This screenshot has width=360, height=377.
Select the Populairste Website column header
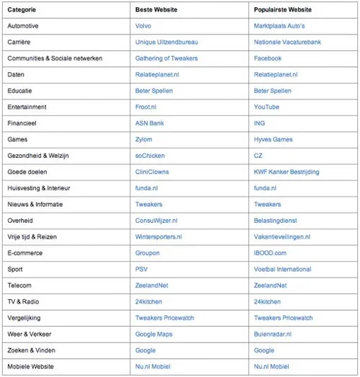[x=284, y=9]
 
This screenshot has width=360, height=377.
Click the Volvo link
[x=143, y=25]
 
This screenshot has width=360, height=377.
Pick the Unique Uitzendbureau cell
[x=166, y=42]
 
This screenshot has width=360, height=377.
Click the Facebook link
[x=268, y=58]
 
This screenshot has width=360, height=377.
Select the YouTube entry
[x=266, y=107]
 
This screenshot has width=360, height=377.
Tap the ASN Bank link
[x=150, y=123]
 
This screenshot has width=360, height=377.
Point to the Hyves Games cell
[x=274, y=139]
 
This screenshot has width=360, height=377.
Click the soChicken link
[x=150, y=156]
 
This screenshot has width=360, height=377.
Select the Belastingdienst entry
[x=276, y=221]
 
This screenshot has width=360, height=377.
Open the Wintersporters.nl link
[x=158, y=236]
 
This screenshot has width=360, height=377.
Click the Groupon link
[x=148, y=253]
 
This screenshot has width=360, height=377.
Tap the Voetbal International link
[x=282, y=269]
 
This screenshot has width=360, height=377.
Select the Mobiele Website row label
[x=32, y=366]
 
